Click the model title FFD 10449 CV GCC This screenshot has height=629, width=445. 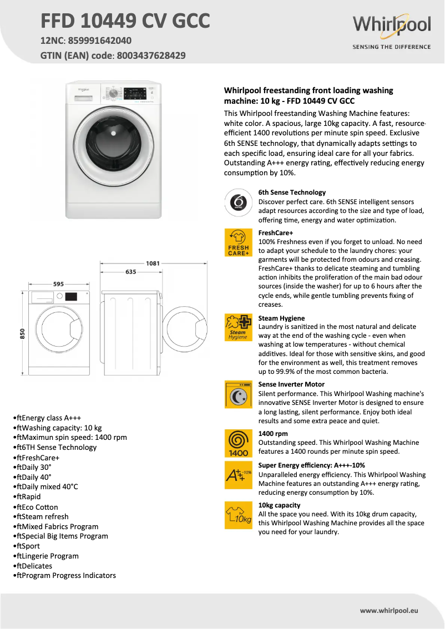125,21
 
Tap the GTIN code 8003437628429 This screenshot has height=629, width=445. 150,55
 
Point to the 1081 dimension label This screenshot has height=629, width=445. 153,263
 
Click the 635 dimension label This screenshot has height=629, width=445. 131,272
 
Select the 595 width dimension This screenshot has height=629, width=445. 58,284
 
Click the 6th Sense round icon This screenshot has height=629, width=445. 238,202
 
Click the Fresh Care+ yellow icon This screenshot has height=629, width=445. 238,243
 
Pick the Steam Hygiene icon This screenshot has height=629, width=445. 238,328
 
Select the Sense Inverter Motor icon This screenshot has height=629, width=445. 238,394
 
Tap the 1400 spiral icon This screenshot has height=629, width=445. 238,443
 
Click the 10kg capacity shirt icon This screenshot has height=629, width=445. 238,515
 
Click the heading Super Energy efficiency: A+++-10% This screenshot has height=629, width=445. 311,465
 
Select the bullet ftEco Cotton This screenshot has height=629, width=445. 36,507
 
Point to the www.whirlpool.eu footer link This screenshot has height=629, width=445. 388,611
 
